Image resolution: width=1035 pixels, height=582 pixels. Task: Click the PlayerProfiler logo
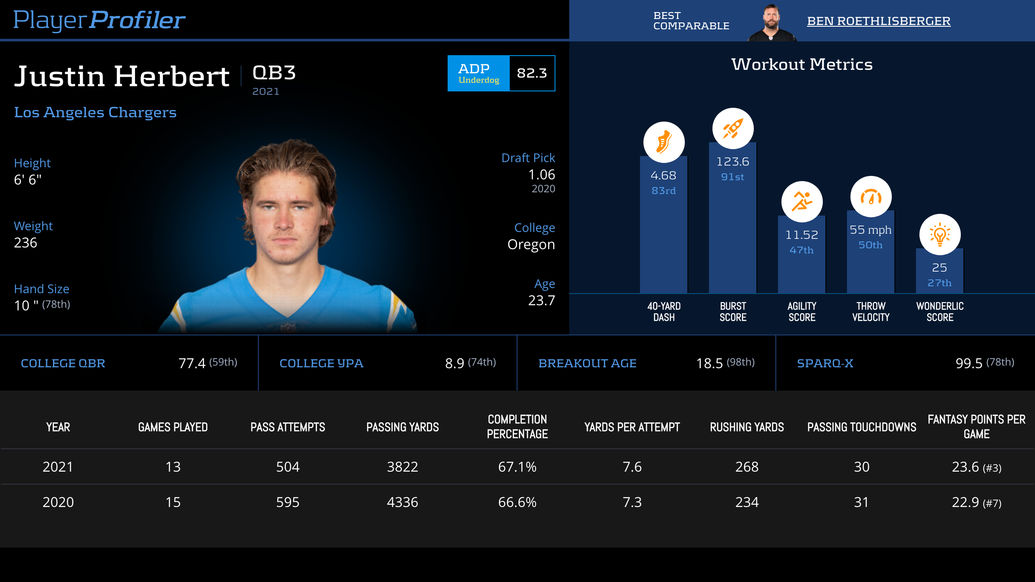pyautogui.click(x=99, y=20)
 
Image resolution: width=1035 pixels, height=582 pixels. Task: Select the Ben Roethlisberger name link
pyautogui.click(x=878, y=21)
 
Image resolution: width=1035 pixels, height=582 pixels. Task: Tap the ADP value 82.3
pyautogui.click(x=532, y=73)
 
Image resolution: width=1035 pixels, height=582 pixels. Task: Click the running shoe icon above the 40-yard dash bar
pyautogui.click(x=664, y=142)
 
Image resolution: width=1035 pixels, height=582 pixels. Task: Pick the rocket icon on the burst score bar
pyautogui.click(x=733, y=128)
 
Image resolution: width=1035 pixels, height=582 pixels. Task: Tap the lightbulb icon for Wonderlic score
pyautogui.click(x=940, y=235)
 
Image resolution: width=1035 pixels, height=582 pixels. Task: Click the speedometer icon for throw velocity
pyautogui.click(x=871, y=197)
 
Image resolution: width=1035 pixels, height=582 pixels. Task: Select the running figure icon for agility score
pyautogui.click(x=802, y=201)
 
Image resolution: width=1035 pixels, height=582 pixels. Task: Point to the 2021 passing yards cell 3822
pyautogui.click(x=402, y=467)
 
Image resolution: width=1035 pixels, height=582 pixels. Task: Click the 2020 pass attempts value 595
pyautogui.click(x=288, y=502)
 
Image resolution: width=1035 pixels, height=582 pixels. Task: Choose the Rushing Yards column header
pyautogui.click(x=747, y=427)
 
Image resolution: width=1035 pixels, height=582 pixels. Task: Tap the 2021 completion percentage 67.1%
pyautogui.click(x=517, y=467)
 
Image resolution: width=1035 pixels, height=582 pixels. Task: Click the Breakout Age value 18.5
pyautogui.click(x=709, y=363)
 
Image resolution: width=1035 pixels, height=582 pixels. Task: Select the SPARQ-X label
pyautogui.click(x=825, y=363)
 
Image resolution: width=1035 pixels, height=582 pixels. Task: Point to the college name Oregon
pyautogui.click(x=531, y=244)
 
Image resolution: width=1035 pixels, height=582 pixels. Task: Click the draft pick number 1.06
pyautogui.click(x=542, y=175)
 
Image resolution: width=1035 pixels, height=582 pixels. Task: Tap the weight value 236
pyautogui.click(x=25, y=243)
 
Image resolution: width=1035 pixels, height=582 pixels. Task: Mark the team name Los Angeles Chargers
pyautogui.click(x=95, y=112)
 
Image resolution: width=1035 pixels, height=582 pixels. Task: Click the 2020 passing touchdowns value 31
pyautogui.click(x=861, y=502)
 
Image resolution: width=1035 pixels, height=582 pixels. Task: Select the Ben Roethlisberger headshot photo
pyautogui.click(x=772, y=22)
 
